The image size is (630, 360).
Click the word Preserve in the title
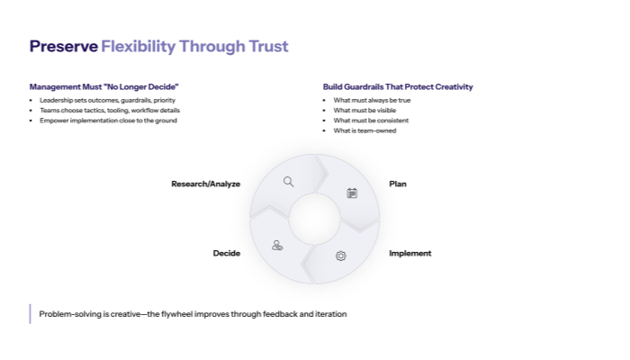tap(63, 46)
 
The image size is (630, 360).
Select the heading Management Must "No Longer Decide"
tap(103, 87)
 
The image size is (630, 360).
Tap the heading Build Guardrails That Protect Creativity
tap(398, 87)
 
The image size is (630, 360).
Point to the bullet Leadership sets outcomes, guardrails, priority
tap(103, 100)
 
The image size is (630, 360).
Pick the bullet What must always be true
tap(372, 100)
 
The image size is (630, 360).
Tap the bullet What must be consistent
tap(371, 121)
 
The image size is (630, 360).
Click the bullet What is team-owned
tap(364, 130)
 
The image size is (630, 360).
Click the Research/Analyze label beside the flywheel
tap(206, 184)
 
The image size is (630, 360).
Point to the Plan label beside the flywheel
tap(398, 184)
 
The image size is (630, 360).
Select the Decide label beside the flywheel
tap(227, 254)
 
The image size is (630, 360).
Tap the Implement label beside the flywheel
tap(410, 254)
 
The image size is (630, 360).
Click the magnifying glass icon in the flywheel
tap(289, 182)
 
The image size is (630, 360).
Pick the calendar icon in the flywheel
tap(352, 193)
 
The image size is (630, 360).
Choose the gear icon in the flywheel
tap(341, 256)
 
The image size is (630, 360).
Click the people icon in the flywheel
tap(277, 245)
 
